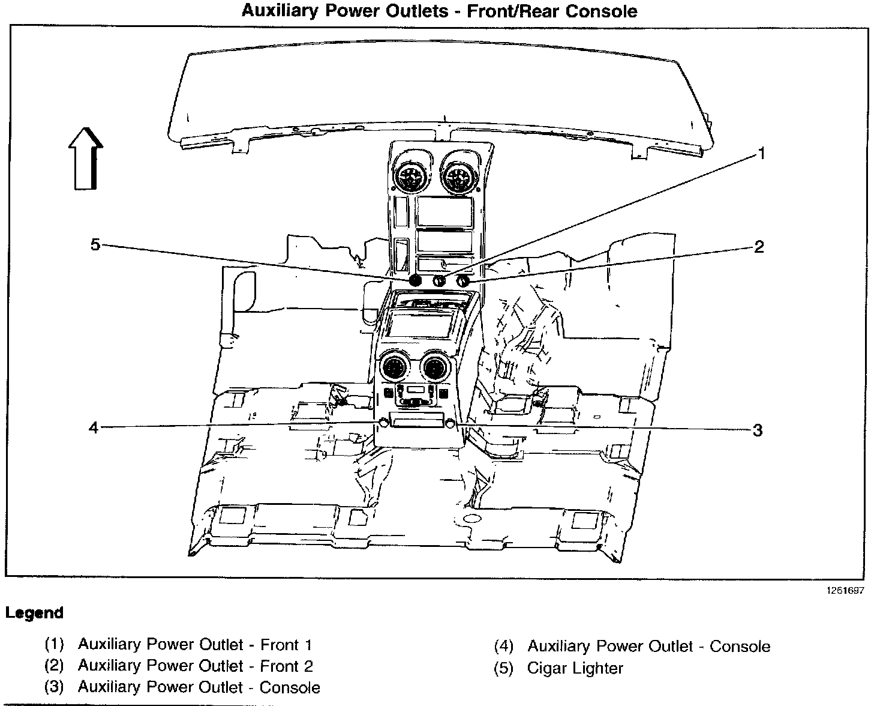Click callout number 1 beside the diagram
tap(761, 154)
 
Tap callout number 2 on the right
tap(759, 247)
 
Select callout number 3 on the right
tap(758, 430)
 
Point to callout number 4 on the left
tap(94, 427)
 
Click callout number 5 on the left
tap(95, 245)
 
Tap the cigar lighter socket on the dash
tap(415, 280)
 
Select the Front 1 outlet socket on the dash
tap(439, 280)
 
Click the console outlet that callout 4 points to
tap(382, 424)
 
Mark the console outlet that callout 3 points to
tap(450, 424)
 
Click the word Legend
tap(34, 613)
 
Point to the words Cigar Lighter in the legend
tap(575, 668)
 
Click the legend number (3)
tap(54, 687)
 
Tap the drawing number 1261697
tap(846, 591)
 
